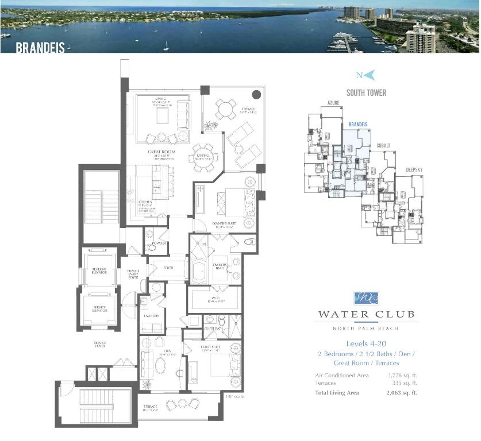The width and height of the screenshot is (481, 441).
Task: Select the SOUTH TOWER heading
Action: coord(366,92)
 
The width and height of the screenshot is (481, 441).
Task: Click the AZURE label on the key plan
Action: coord(334,103)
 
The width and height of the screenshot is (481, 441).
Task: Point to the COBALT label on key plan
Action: coord(383,146)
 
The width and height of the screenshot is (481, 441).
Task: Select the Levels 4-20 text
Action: coord(366,343)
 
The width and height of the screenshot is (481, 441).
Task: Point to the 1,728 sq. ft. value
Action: coord(402,375)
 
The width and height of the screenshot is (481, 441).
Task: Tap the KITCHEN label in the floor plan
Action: coord(145,202)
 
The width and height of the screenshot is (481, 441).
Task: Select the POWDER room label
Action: coord(159,243)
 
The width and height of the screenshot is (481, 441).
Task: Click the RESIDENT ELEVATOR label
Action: coord(99,272)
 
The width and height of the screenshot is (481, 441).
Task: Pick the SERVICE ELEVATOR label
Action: coord(99,308)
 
